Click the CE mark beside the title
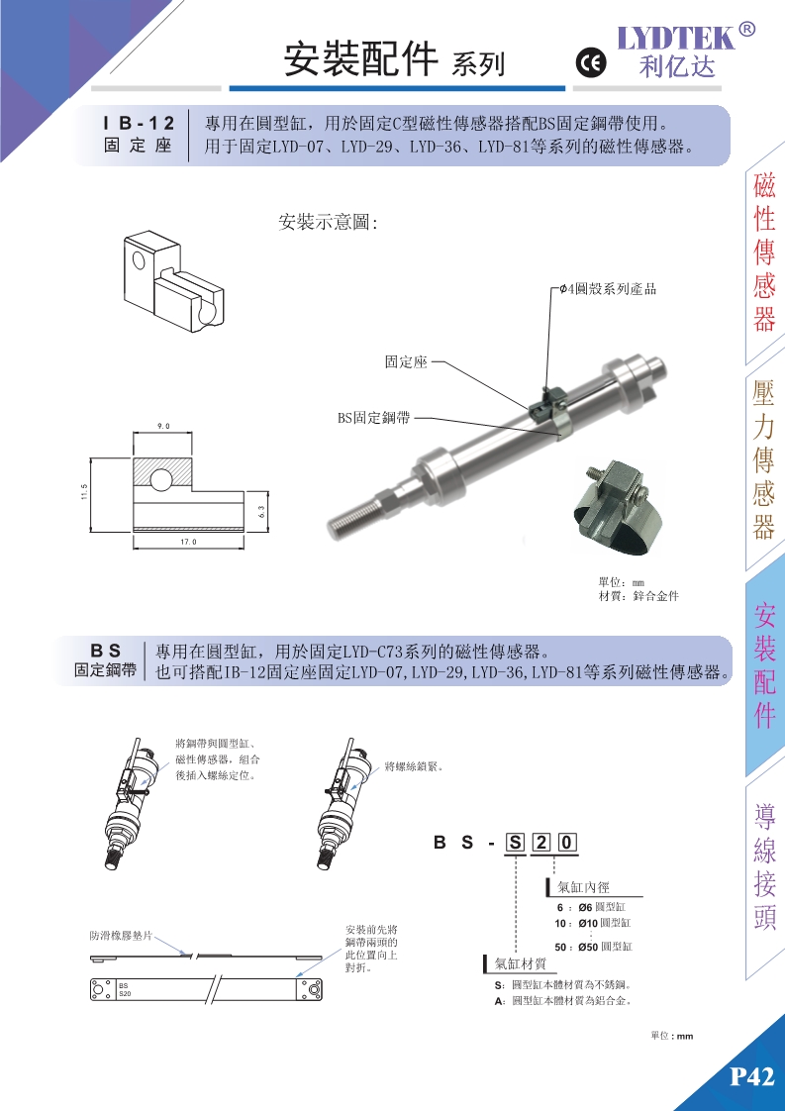pyautogui.click(x=590, y=64)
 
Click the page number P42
pyautogui.click(x=751, y=1077)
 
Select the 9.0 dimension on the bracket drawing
pyautogui.click(x=163, y=426)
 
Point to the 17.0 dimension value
pyautogui.click(x=188, y=542)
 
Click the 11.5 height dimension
pyautogui.click(x=84, y=492)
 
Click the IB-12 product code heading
pyautogui.click(x=139, y=124)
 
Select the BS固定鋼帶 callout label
pyautogui.click(x=373, y=417)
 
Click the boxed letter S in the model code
pyautogui.click(x=516, y=844)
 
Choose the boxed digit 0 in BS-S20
pyautogui.click(x=568, y=844)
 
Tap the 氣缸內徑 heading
pyautogui.click(x=584, y=887)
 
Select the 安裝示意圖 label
pyautogui.click(x=329, y=223)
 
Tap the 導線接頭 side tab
pyautogui.click(x=765, y=866)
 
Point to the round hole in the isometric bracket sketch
pyautogui.click(x=139, y=260)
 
